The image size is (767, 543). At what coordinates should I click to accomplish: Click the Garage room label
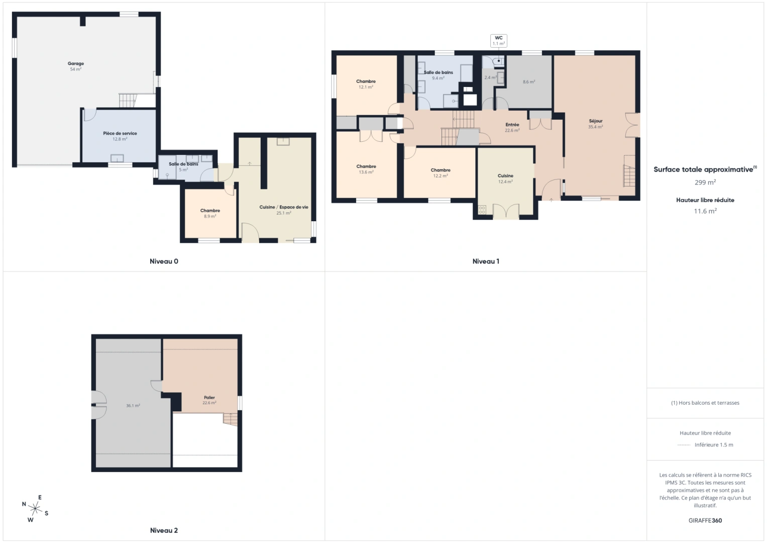[76, 64]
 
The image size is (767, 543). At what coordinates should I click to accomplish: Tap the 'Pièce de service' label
[120, 134]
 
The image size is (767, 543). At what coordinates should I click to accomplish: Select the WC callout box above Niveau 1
[498, 41]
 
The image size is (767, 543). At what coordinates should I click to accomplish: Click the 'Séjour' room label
[596, 121]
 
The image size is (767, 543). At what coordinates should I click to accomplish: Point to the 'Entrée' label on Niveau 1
[512, 125]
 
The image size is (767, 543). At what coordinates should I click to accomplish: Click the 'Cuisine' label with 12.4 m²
[505, 176]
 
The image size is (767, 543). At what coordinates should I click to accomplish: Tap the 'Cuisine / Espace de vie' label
[284, 207]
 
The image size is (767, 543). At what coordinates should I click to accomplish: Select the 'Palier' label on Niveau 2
[209, 398]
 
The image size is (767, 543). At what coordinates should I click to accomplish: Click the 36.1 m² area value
[133, 406]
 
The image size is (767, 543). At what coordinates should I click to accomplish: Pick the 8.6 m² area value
[529, 82]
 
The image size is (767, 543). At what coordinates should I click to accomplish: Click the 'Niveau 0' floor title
[164, 261]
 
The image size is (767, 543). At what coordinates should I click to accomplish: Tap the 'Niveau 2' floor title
[164, 530]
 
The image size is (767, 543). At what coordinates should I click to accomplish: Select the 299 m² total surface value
[705, 183]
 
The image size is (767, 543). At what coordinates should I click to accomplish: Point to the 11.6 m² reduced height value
[705, 211]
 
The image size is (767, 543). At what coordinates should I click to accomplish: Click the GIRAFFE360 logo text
[705, 521]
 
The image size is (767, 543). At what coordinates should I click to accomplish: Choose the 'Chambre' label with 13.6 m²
[366, 166]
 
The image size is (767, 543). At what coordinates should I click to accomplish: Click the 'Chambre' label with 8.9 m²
[210, 211]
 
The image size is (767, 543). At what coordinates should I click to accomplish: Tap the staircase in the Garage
[128, 100]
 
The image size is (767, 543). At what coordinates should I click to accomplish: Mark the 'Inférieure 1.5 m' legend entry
[713, 445]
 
